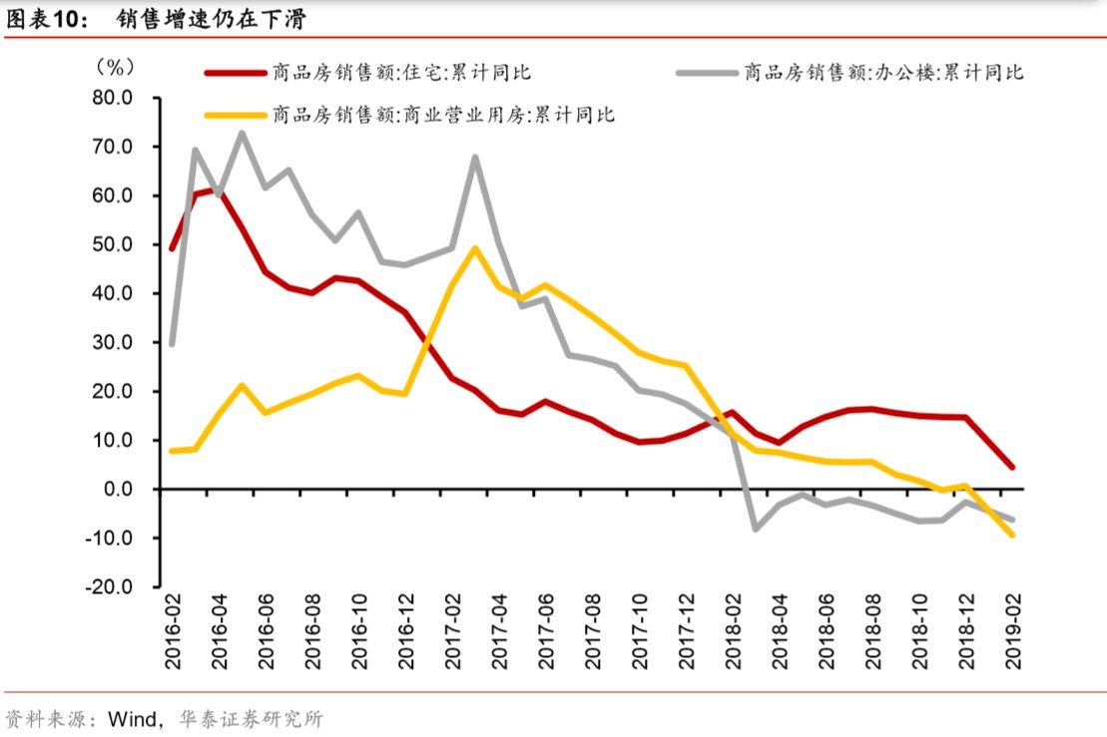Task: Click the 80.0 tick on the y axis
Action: pos(113,98)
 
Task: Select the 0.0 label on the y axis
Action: pos(119,490)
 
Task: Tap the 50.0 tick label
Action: pos(113,244)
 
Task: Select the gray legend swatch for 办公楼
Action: pos(704,72)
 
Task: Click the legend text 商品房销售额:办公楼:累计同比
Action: pos(882,72)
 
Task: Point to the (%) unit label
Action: pos(113,67)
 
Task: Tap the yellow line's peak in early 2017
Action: pos(475,248)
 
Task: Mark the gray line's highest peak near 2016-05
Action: pos(242,133)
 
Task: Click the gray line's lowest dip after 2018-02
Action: pos(756,529)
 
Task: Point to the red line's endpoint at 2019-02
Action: pos(1012,467)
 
